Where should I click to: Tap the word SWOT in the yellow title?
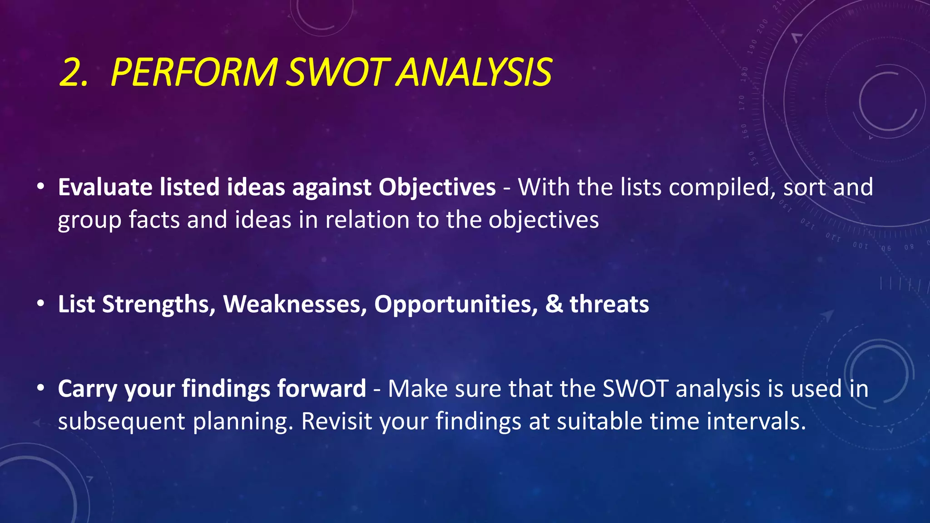click(338, 73)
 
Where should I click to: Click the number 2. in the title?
click(74, 73)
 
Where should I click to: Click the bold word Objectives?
click(437, 187)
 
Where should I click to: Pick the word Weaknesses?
click(295, 304)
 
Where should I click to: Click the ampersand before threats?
click(554, 304)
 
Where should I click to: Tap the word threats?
click(609, 304)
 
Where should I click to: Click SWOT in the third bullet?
click(636, 389)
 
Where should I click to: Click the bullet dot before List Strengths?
click(41, 303)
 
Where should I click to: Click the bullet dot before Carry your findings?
click(41, 388)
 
